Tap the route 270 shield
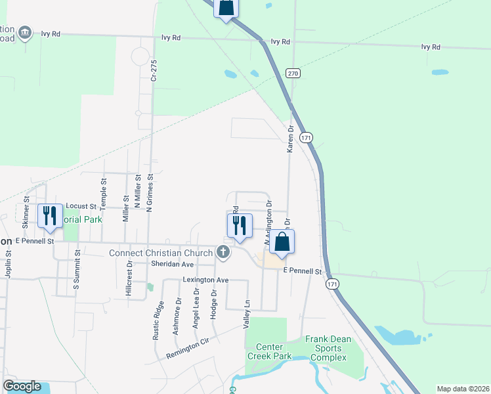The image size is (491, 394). point(293,73)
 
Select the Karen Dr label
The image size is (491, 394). point(289,140)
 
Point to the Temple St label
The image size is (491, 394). point(104,190)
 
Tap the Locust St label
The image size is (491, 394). point(81,206)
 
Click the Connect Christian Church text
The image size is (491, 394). point(161,253)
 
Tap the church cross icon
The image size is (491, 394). point(224,252)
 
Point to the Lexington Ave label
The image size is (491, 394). point(205,280)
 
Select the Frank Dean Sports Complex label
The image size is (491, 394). point(328,349)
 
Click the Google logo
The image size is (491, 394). point(22,386)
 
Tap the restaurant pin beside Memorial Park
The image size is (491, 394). point(51,216)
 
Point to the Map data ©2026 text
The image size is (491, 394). point(462,389)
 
